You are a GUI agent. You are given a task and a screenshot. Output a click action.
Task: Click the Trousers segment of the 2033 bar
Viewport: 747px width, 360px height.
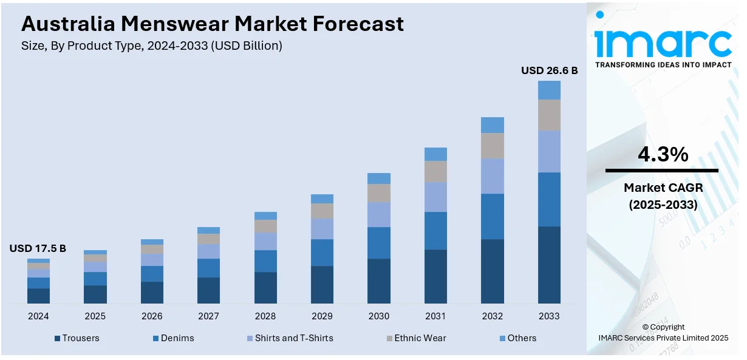[x=549, y=265]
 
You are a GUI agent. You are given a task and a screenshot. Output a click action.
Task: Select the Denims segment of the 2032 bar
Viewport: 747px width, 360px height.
[x=493, y=216]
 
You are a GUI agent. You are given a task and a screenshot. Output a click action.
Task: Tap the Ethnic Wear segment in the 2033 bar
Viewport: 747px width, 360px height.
[x=549, y=115]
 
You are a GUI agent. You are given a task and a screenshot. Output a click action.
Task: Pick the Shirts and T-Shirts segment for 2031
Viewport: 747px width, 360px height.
[x=435, y=197]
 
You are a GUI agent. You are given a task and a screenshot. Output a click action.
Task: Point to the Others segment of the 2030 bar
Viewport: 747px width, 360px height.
[x=379, y=178]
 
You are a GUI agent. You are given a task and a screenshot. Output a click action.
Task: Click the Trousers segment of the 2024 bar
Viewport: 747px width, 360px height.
[x=38, y=296]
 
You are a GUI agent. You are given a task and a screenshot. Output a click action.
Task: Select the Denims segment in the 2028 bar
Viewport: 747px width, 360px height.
[x=265, y=261]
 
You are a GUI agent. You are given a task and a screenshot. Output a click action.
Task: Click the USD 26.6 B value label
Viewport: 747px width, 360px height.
[x=549, y=70]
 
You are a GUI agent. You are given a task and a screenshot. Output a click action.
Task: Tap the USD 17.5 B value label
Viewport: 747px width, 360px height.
[x=38, y=248]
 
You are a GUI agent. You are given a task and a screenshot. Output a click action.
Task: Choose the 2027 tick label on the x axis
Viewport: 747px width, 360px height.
[x=208, y=316]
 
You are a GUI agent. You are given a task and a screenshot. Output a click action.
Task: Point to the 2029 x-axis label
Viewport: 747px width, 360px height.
[x=322, y=316]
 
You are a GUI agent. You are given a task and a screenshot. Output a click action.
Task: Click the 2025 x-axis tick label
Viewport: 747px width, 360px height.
[x=95, y=316]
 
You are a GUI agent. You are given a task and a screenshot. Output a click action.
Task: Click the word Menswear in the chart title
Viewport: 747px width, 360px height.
[x=176, y=24]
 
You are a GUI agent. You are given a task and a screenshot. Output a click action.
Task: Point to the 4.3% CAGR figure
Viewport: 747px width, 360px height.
[x=663, y=155]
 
